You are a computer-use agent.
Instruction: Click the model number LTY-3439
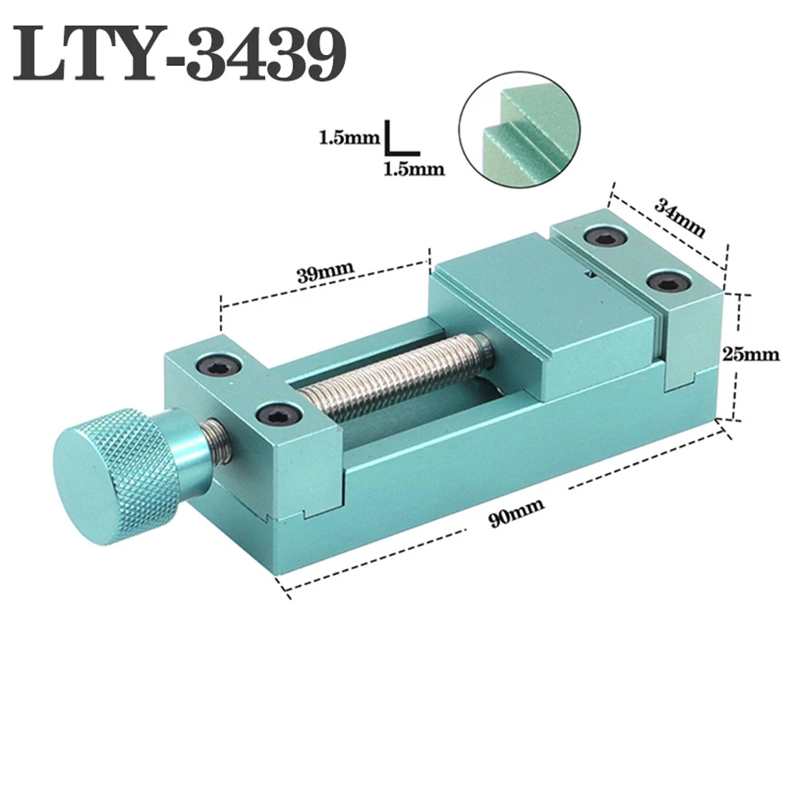[x=180, y=54]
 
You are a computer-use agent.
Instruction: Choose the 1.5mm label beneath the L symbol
[x=414, y=168]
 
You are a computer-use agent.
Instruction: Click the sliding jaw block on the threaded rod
[x=542, y=314]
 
